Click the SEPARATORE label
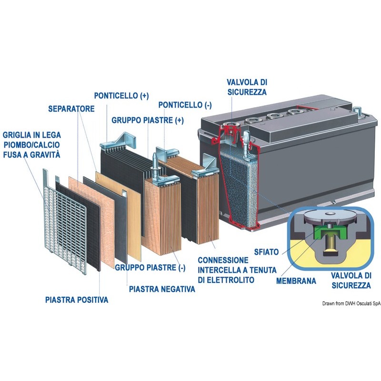click(71, 109)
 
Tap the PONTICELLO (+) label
click(121, 96)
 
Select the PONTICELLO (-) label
click(185, 105)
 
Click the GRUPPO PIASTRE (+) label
click(148, 120)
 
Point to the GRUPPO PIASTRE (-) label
click(150, 268)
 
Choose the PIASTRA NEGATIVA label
click(162, 289)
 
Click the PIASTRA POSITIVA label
click(77, 300)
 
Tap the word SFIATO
click(266, 252)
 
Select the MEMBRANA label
click(296, 281)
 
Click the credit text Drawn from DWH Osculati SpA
click(351, 303)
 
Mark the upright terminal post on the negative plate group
click(154, 163)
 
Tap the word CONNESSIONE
click(223, 260)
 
